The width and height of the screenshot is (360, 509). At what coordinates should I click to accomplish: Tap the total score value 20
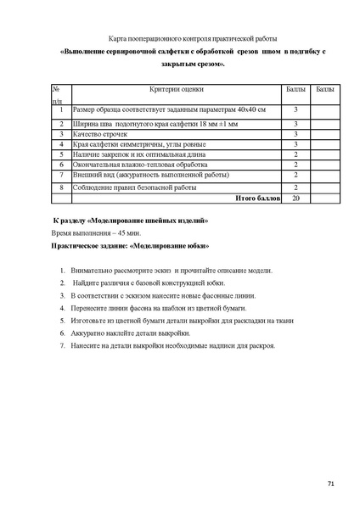point(295,198)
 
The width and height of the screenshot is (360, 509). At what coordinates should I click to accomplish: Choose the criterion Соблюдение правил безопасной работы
point(134,187)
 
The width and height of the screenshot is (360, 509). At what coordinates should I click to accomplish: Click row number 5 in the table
point(61,154)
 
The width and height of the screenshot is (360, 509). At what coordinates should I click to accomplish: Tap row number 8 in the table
point(61,187)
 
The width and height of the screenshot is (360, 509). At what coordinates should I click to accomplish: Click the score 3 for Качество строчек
point(295,134)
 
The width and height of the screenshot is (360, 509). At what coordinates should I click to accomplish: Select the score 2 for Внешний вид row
point(295,175)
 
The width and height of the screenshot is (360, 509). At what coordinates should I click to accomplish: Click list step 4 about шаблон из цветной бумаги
point(157,308)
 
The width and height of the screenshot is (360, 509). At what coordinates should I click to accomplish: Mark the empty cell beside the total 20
point(324,198)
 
